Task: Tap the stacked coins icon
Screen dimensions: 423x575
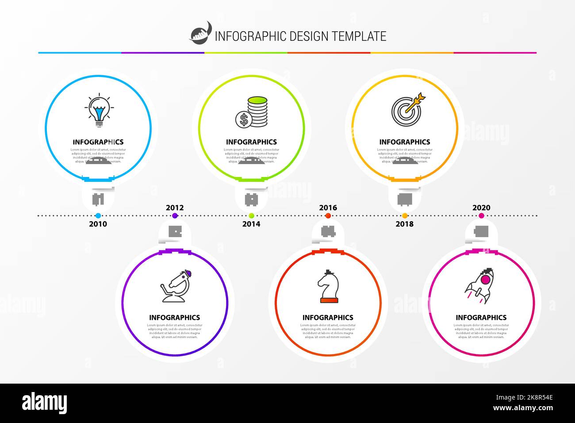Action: point(252,112)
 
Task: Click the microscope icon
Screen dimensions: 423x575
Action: point(176,286)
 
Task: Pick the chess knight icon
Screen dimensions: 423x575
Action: point(328,287)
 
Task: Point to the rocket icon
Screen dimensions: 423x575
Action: point(480,286)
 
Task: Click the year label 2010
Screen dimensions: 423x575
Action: point(98,224)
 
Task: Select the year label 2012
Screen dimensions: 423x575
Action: point(175,208)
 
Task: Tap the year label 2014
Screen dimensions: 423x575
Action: point(251,224)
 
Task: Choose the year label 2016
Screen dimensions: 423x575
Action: point(328,208)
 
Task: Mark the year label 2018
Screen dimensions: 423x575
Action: point(404,224)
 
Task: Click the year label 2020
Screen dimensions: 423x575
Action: point(481,208)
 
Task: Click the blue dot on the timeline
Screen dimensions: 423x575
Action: point(98,216)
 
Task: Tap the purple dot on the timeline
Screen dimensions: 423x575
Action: point(175,216)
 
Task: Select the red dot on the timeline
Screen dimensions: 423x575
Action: point(328,216)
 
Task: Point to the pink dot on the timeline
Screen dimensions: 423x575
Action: point(481,216)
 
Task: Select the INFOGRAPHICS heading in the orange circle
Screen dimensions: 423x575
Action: point(404,142)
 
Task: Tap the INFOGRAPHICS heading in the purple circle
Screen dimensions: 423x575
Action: point(174,318)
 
